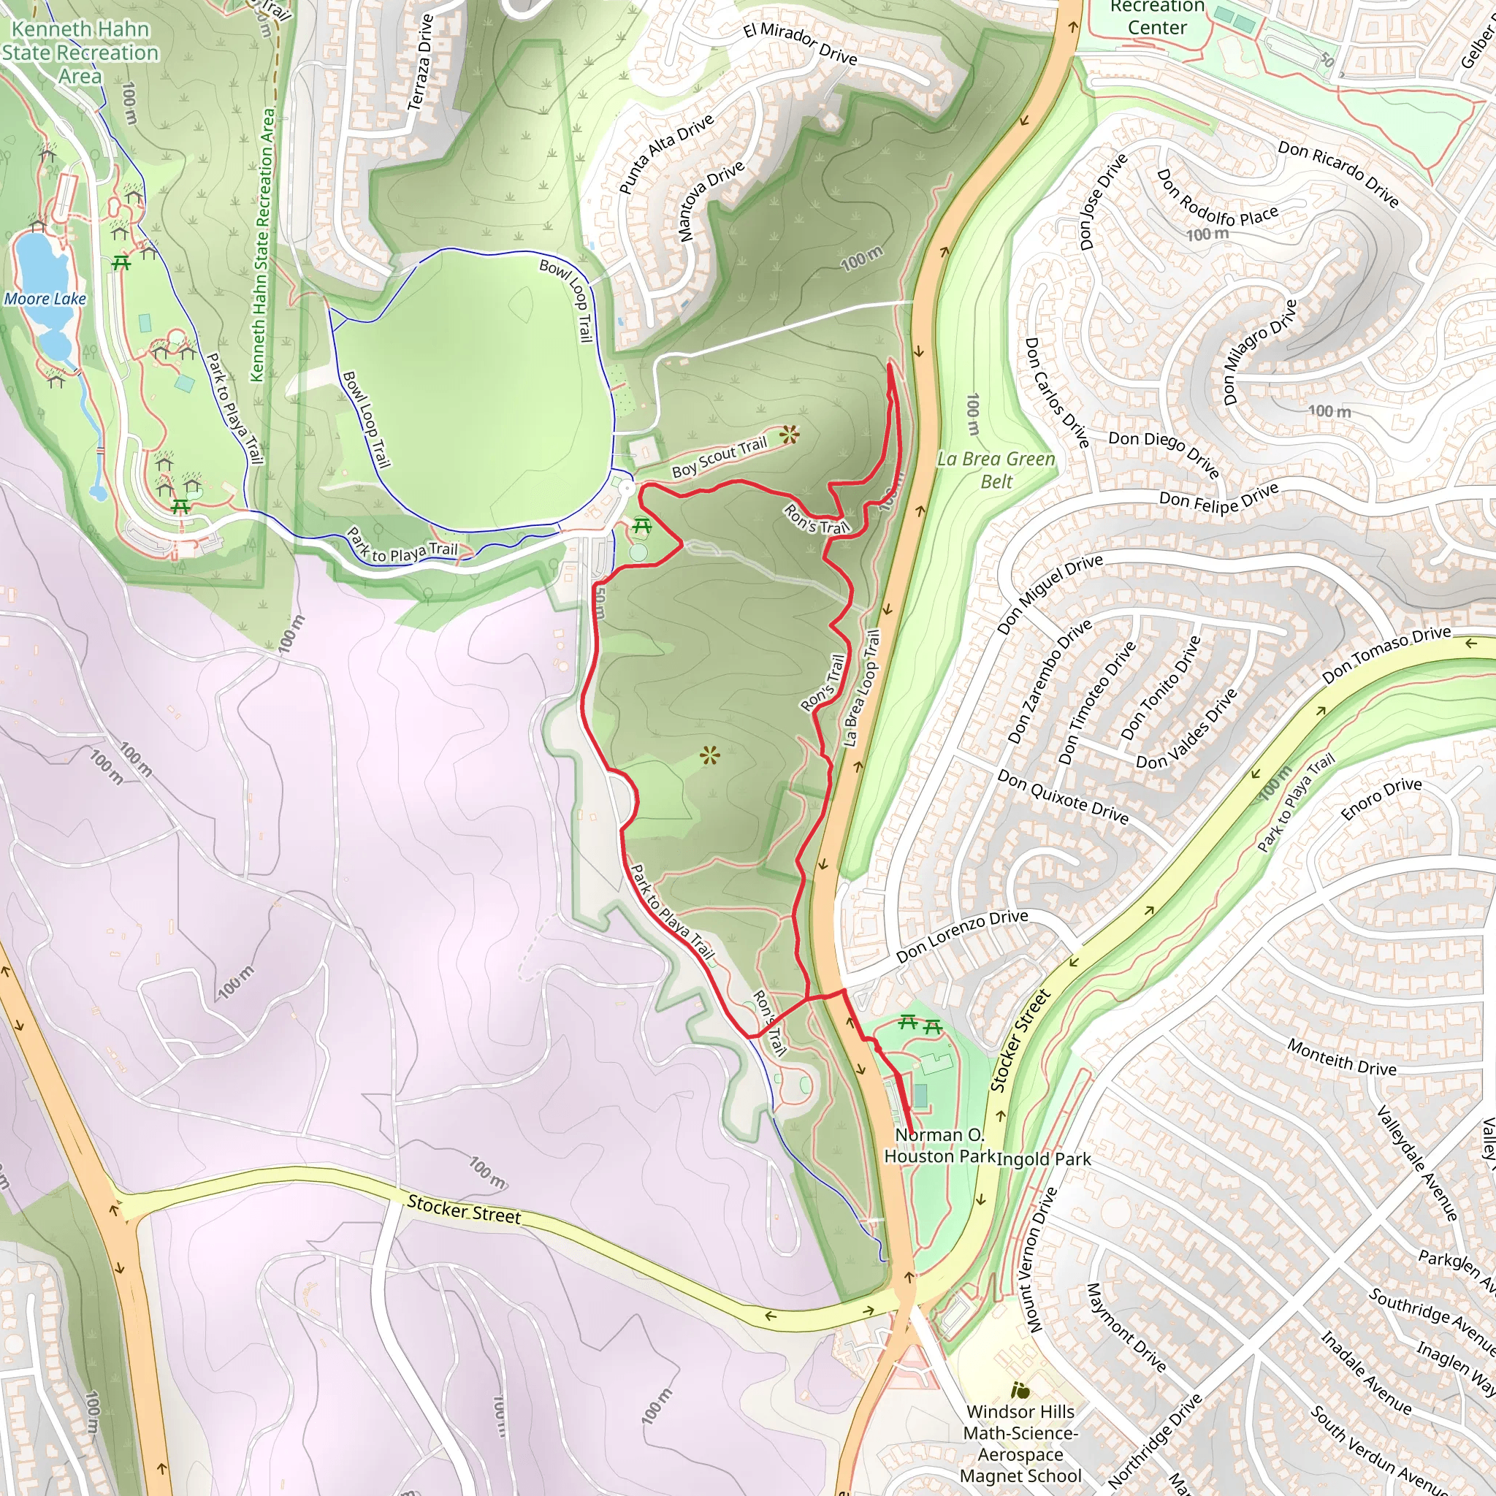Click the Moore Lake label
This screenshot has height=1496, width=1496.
(45, 299)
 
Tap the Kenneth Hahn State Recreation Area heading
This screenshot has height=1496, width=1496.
(80, 53)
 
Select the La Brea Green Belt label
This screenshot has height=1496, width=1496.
(996, 470)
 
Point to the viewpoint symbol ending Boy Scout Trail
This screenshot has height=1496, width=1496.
(789, 435)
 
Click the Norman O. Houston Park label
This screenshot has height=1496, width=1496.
(939, 1145)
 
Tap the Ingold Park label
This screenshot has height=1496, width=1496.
(1044, 1159)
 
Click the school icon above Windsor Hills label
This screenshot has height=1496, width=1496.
(1020, 1391)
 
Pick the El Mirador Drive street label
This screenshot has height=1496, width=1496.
(800, 43)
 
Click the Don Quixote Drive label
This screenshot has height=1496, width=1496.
(1062, 797)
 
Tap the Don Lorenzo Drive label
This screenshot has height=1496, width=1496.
(962, 937)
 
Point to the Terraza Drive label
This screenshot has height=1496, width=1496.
(421, 62)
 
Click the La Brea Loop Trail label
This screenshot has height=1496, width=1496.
(861, 687)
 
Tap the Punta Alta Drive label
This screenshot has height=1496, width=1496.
(665, 154)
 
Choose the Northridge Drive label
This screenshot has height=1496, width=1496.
(1155, 1441)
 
